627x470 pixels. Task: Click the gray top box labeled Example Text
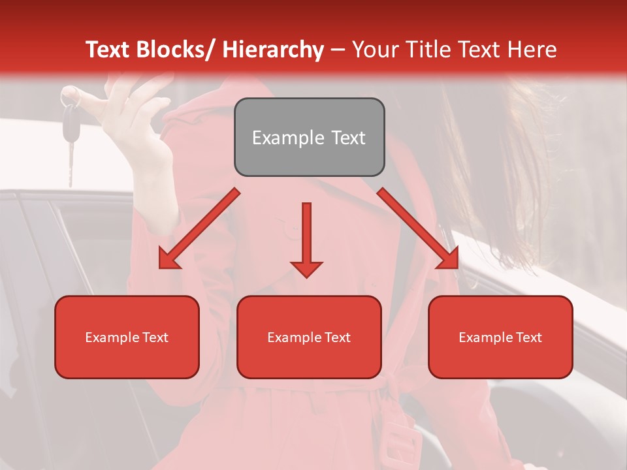pos(309,137)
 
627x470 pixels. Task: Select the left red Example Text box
pos(127,337)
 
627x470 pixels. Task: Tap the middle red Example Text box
pos(309,337)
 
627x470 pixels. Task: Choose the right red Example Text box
pos(500,337)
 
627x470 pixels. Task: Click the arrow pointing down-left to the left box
pos(199,228)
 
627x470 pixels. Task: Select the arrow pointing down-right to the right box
pos(418,228)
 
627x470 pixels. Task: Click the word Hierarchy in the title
pos(273,50)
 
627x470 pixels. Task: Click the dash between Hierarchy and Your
pos(338,50)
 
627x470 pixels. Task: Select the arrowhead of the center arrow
pos(306,269)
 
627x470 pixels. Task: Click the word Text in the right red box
pos(528,337)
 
